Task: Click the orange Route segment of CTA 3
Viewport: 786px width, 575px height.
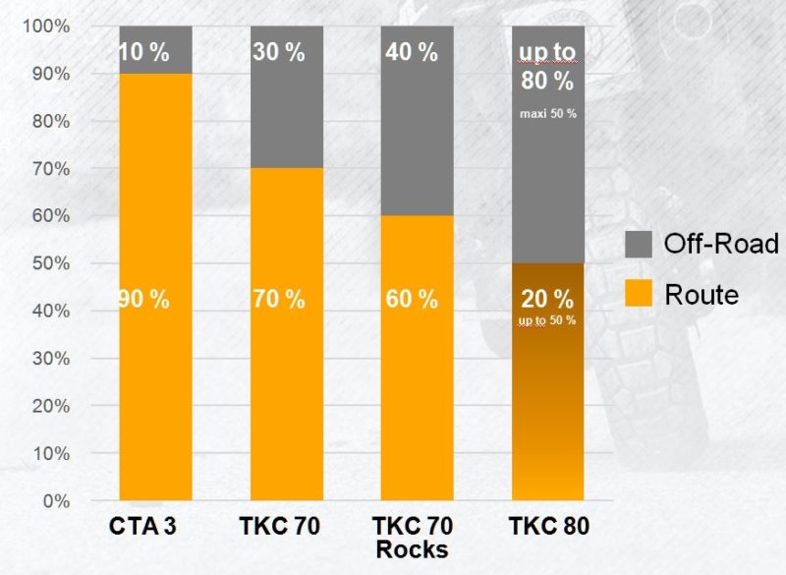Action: pos(155,393)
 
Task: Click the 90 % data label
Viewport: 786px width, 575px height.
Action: pos(143,300)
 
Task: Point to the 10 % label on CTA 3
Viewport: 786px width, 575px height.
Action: pos(143,53)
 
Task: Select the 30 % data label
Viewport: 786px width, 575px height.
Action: pos(280,53)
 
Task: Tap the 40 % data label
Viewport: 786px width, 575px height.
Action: pos(412,53)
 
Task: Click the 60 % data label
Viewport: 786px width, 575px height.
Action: pos(412,300)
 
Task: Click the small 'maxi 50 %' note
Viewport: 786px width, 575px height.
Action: pos(548,114)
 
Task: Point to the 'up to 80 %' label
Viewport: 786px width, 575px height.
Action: pos(548,67)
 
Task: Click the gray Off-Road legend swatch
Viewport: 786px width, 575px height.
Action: pos(639,244)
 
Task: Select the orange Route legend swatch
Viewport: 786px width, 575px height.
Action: pos(639,293)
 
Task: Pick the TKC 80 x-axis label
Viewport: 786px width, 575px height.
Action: pos(548,527)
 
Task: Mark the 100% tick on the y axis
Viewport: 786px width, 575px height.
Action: pos(47,27)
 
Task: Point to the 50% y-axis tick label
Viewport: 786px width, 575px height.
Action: pos(50,263)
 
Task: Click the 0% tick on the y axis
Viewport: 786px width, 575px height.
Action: pos(55,501)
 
